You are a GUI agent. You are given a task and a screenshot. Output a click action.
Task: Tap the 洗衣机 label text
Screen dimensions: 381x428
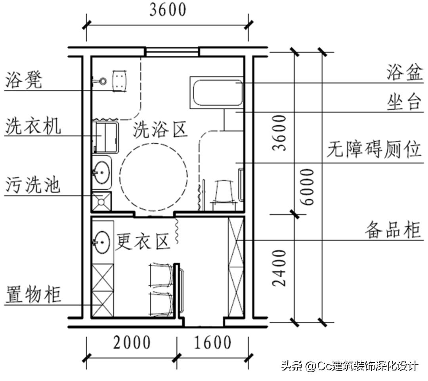33,127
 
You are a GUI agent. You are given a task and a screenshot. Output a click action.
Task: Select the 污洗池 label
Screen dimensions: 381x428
33,185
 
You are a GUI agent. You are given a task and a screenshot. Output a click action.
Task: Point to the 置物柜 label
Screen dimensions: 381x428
33,295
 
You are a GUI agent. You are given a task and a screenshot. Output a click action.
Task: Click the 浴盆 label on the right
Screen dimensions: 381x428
404,73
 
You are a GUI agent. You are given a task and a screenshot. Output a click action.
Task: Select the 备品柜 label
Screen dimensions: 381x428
393,230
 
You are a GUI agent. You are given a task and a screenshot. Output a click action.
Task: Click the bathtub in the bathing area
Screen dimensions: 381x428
217,93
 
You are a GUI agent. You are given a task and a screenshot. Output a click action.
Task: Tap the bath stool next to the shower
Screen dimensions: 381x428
120,81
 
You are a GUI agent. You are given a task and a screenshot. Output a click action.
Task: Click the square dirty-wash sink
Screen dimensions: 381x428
102,201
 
